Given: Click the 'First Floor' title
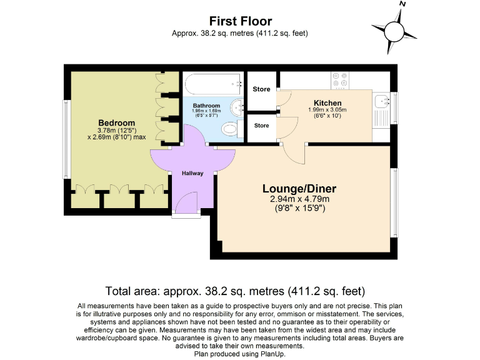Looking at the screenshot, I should (240, 22).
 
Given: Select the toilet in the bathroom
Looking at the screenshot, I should (231, 129).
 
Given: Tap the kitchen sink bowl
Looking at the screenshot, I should (380, 101).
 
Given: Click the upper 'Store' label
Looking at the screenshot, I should (261, 89).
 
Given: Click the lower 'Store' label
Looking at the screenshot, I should (261, 126).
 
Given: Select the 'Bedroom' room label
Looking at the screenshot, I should (116, 122).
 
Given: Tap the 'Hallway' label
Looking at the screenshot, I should (192, 173).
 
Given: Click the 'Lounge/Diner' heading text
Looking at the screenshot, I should (299, 189).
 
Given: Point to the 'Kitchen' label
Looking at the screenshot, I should (327, 103).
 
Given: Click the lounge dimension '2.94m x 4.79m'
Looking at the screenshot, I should (299, 199).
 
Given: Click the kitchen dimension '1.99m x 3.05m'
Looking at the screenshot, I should (327, 110).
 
